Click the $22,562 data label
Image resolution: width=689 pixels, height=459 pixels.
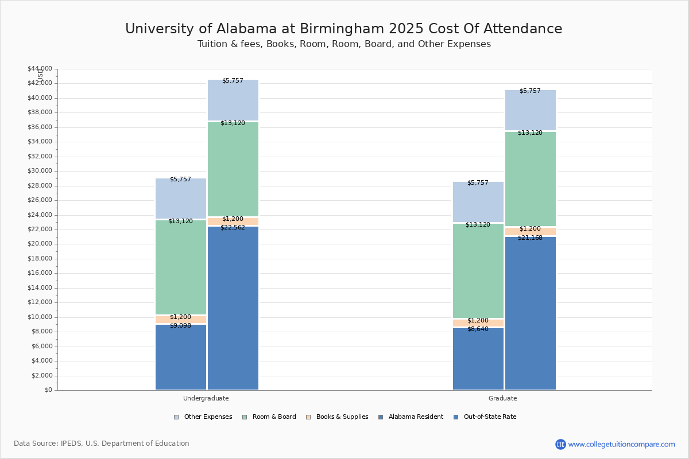tap(233, 228)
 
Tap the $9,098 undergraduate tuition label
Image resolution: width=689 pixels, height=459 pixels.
tap(180, 326)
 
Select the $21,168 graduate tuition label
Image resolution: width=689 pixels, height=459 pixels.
tap(530, 238)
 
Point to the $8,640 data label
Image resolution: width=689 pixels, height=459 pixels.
tap(478, 329)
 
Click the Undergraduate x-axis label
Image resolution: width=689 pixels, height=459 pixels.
tap(206, 398)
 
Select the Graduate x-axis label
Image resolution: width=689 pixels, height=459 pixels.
tap(503, 398)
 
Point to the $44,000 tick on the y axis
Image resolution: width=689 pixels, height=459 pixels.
tap(40, 69)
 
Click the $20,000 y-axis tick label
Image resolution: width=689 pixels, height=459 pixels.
tap(40, 244)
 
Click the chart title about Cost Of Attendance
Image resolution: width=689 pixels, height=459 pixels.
tap(343, 29)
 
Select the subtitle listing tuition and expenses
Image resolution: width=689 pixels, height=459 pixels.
tap(343, 44)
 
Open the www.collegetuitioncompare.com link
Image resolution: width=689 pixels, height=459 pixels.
tap(621, 444)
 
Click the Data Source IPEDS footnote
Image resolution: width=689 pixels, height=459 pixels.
tap(102, 444)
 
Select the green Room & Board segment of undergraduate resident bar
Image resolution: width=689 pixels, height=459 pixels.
tap(180, 267)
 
